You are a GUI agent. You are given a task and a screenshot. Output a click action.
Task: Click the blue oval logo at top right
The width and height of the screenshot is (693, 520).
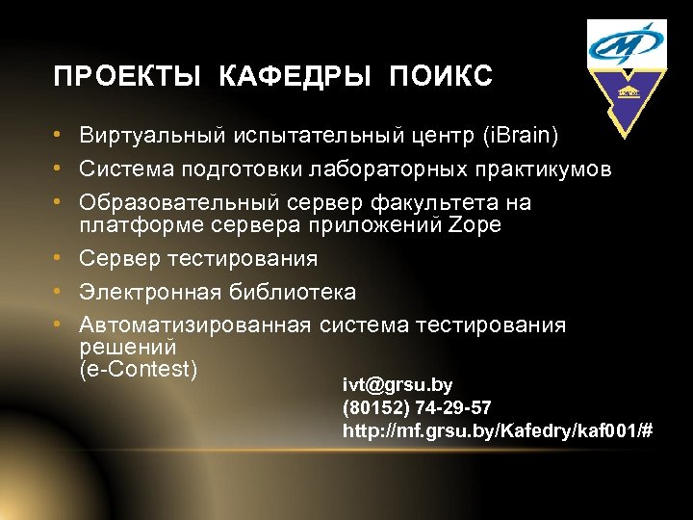coord(627,44)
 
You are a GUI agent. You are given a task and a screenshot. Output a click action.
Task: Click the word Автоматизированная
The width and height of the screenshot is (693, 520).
coord(195,325)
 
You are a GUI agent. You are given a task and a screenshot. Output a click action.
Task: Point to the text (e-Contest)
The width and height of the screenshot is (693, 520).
coord(139,368)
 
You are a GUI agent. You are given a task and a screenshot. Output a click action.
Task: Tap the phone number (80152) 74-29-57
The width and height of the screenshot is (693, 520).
coord(417,407)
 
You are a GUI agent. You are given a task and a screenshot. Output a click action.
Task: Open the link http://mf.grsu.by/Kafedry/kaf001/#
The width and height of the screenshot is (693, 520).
coord(498,430)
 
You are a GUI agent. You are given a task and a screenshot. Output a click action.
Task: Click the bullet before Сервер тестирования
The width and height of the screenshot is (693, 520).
coord(60,259)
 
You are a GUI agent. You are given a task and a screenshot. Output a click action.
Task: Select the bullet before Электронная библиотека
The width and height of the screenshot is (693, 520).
coord(60,292)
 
